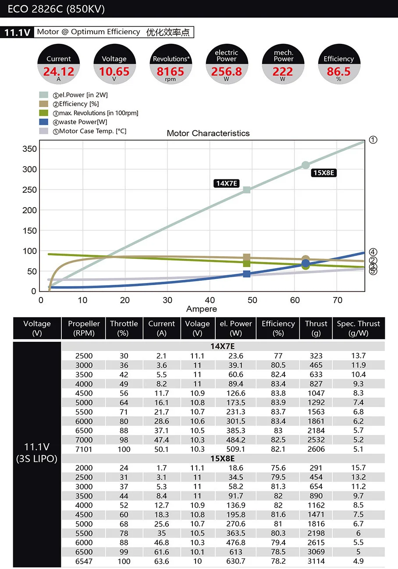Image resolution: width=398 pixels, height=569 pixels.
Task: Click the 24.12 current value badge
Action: click(x=59, y=72)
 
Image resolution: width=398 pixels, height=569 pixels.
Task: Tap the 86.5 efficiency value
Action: click(x=338, y=72)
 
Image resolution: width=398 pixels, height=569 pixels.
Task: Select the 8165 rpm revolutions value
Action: click(x=171, y=72)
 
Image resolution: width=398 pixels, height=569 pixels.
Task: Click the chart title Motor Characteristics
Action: click(x=208, y=133)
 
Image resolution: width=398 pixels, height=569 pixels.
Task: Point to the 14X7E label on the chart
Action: click(x=227, y=183)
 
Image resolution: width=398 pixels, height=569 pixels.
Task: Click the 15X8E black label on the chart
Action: click(x=323, y=173)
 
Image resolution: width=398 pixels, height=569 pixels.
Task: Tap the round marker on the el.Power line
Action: click(x=306, y=165)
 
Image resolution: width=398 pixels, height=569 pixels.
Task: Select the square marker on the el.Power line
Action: click(x=247, y=190)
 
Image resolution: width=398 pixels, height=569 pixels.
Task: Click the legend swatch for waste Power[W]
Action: click(x=43, y=122)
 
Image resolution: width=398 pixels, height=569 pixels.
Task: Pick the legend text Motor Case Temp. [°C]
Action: click(x=92, y=131)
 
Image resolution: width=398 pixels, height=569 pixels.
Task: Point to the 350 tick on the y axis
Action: click(x=29, y=149)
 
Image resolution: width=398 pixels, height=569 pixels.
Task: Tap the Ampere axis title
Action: click(x=202, y=309)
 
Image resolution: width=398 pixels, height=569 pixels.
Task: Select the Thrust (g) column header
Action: click(x=316, y=328)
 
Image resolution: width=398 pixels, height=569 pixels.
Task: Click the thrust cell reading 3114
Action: click(x=316, y=562)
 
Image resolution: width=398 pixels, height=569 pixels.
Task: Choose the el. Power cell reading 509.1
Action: click(x=236, y=449)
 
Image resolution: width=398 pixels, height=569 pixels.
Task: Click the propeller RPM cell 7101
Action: click(x=84, y=449)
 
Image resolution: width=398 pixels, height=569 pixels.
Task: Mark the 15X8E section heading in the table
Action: click(x=223, y=458)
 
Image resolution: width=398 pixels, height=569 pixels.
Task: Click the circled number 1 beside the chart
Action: click(x=373, y=140)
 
